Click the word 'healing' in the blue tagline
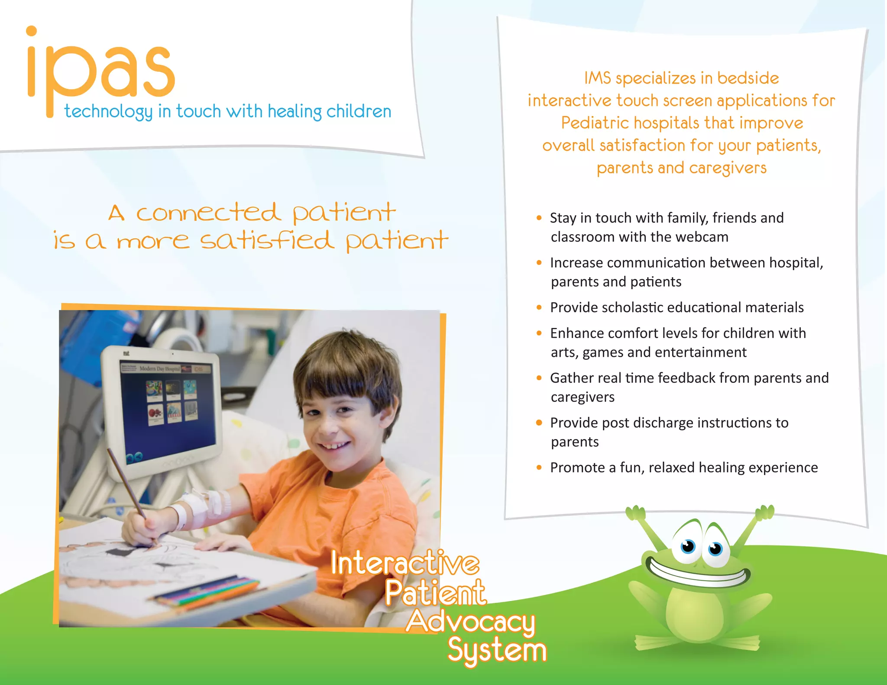click(x=295, y=112)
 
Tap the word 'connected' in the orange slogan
click(x=208, y=213)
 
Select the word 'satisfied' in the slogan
click(x=267, y=241)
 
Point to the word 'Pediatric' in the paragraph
click(x=595, y=123)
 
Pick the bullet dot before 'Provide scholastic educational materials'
click(x=539, y=307)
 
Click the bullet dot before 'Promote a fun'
click(x=539, y=468)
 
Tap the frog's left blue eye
click(x=688, y=546)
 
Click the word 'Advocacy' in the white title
click(x=471, y=622)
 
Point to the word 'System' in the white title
click(x=497, y=650)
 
